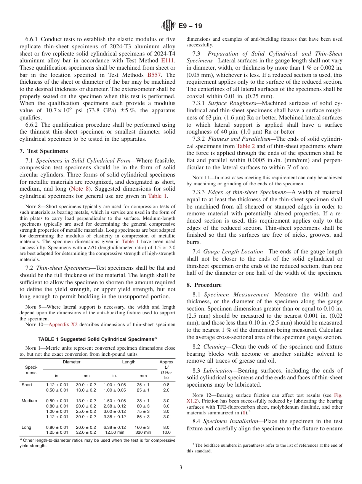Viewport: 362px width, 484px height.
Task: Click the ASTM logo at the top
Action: pos(168,26)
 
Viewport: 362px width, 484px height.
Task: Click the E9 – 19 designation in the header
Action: pos(190,26)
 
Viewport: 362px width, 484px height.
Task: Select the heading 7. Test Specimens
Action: pos(44,151)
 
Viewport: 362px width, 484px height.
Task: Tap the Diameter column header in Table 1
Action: pos(72,362)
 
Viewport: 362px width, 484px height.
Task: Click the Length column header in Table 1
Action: pos(129,362)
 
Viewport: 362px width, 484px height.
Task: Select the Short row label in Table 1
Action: pos(27,385)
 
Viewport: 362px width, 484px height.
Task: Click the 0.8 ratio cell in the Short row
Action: pos(167,385)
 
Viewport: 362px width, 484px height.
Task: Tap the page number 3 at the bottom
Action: pos(181,468)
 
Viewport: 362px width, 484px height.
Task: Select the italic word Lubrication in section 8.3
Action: pos(218,371)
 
